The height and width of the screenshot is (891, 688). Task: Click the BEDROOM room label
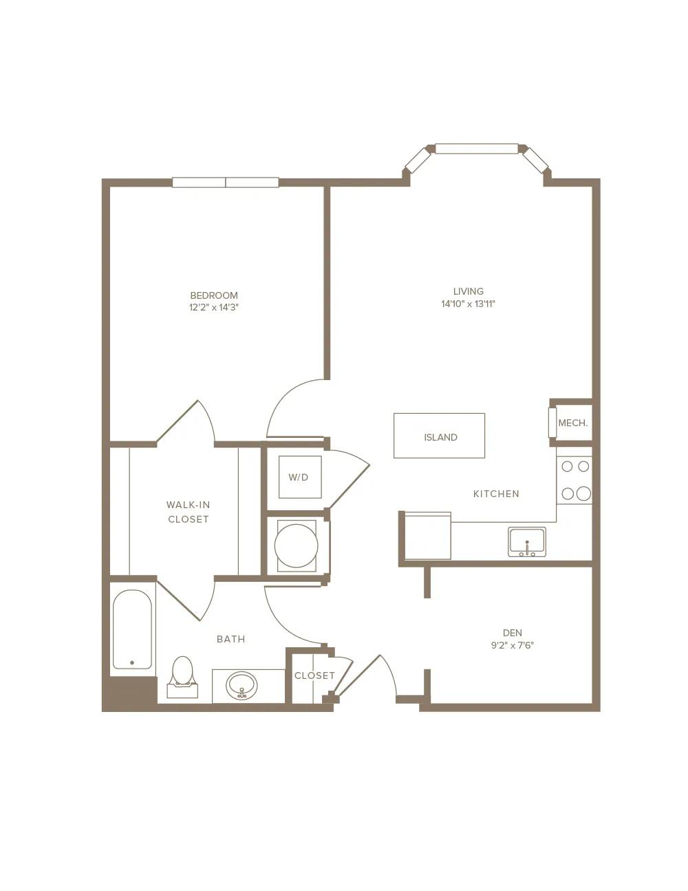point(214,295)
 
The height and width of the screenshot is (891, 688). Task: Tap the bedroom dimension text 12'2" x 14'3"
point(214,308)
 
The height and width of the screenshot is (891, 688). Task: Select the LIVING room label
point(468,291)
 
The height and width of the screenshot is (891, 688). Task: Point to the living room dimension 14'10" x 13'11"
point(468,304)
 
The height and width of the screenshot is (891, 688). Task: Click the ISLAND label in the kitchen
point(440,437)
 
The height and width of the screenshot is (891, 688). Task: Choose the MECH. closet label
point(572,423)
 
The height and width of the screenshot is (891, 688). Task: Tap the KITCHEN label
point(496,494)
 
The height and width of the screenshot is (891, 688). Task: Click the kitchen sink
point(526,542)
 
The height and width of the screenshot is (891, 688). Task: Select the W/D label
point(298,477)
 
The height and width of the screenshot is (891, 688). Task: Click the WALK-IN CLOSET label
point(189,512)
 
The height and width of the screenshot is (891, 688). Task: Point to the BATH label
point(230,639)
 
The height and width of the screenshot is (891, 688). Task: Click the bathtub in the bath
point(132,629)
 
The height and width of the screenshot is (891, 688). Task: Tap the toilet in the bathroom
point(182,677)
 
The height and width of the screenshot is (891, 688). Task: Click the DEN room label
point(513,633)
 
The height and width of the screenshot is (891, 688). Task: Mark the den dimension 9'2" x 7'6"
point(513,645)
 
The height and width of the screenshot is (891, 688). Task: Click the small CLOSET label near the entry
point(314,675)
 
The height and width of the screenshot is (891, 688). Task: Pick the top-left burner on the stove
point(567,466)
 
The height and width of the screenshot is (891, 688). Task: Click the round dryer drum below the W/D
point(296,546)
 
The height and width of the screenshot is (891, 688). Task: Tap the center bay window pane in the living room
point(477,149)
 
